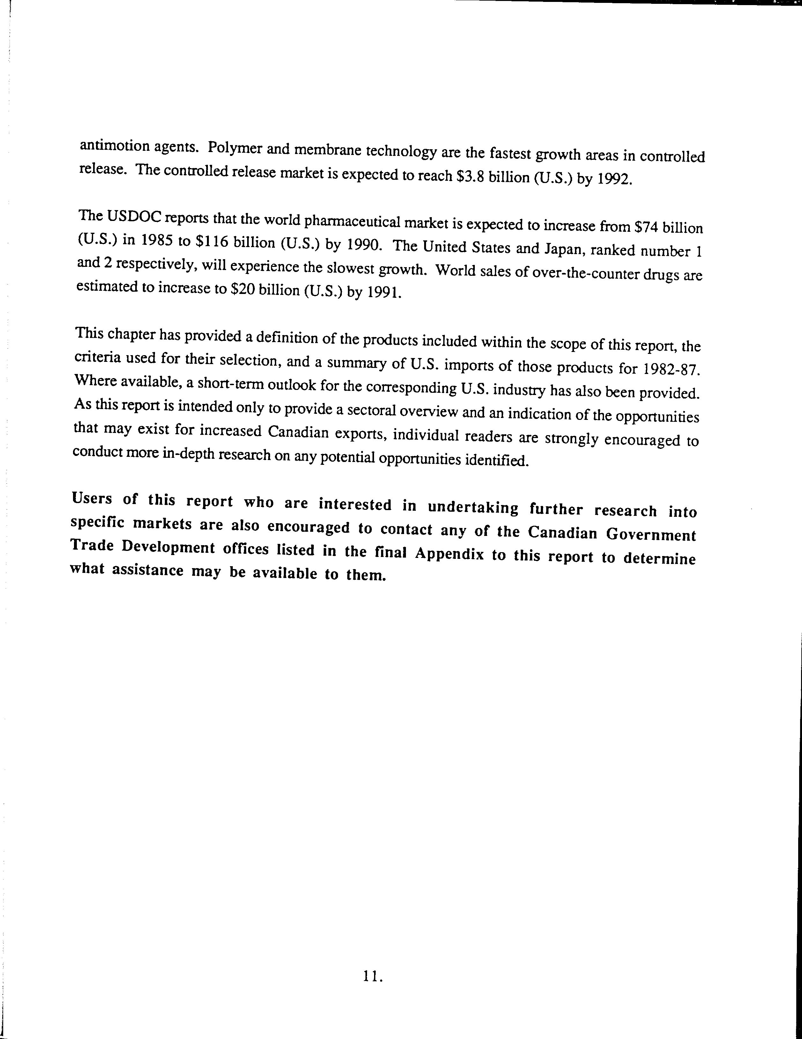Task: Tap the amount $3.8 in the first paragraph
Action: [x=467, y=177]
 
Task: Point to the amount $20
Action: [x=242, y=289]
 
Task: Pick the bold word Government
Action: [x=651, y=535]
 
